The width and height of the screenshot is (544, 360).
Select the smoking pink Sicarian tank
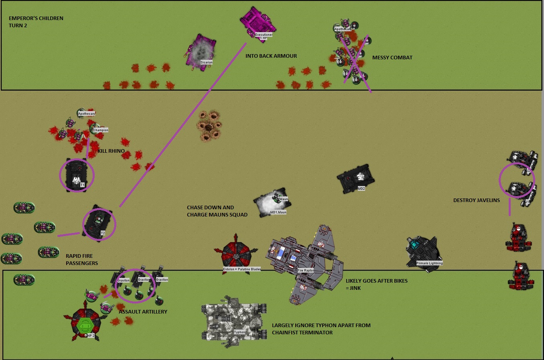pos(201,52)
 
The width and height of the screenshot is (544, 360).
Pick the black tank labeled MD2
pos(356,180)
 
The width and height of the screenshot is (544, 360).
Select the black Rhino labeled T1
pos(76,175)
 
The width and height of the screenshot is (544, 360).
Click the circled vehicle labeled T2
pos(98,223)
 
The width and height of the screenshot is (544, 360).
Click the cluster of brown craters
pos(209,125)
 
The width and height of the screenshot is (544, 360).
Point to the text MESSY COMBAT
pos(392,58)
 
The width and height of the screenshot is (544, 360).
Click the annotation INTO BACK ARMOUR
pos(271,56)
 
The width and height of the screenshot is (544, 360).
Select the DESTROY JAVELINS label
pos(476,200)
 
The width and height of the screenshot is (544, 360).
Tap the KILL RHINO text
pos(111,151)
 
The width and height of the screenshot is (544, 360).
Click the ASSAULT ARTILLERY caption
pos(143,311)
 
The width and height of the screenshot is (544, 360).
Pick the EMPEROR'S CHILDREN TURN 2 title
pos(36,22)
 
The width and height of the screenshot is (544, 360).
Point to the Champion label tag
pos(100,130)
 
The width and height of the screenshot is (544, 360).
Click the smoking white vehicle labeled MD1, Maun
pos(271,202)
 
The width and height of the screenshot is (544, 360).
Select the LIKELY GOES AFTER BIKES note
pos(376,284)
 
